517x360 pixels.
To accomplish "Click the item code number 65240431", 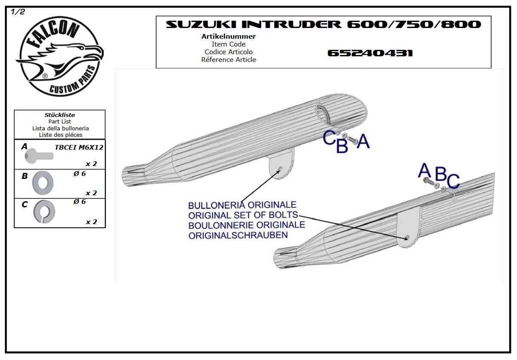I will pyautogui.click(x=370, y=53).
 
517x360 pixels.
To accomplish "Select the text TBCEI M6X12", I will pyautogui.click(x=79, y=148).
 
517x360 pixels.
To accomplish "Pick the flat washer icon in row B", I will pyautogui.click(x=43, y=182).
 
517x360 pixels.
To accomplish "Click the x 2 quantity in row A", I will pyautogui.click(x=91, y=164).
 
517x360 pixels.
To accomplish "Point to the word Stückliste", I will pyautogui.click(x=60, y=115).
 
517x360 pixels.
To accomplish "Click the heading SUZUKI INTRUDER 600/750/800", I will pyautogui.click(x=323, y=25).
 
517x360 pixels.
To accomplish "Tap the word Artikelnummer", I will pyautogui.click(x=228, y=37).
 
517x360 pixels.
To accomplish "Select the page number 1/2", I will pyautogui.click(x=18, y=12).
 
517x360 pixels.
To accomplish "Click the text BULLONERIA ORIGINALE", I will pyautogui.click(x=242, y=205).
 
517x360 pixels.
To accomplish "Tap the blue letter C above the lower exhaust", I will pyautogui.click(x=453, y=181).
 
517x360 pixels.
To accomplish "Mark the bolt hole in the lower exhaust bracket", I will pyautogui.click(x=407, y=237).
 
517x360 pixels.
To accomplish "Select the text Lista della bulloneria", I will pyautogui.click(x=60, y=128).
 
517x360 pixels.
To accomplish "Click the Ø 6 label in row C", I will pyautogui.click(x=79, y=202).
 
